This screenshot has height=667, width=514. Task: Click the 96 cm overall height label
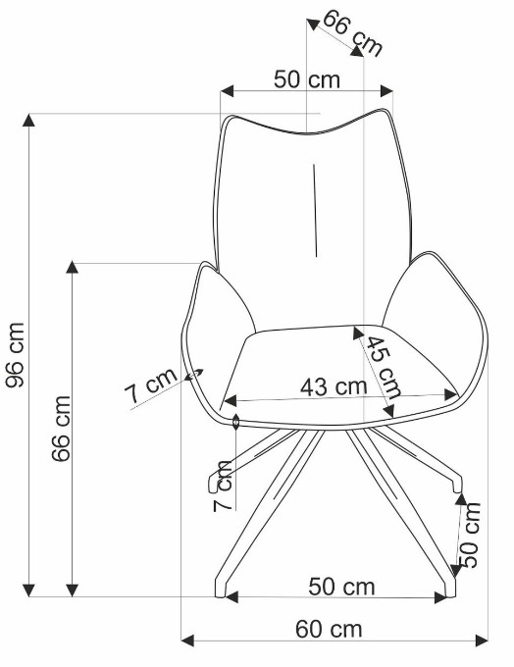coord(16,355)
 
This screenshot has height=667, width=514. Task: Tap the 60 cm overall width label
coord(329,629)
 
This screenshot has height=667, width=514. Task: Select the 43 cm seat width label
coord(334,386)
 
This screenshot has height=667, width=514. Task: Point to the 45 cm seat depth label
coord(384,366)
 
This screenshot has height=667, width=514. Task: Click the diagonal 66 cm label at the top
coord(353,32)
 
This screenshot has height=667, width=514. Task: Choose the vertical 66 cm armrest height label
coord(61,429)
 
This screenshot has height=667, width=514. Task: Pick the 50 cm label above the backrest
coord(307,79)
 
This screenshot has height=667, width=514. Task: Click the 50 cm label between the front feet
coord(341,587)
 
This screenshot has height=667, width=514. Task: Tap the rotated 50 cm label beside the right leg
coord(470,535)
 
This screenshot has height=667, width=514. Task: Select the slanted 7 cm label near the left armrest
coord(151,385)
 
